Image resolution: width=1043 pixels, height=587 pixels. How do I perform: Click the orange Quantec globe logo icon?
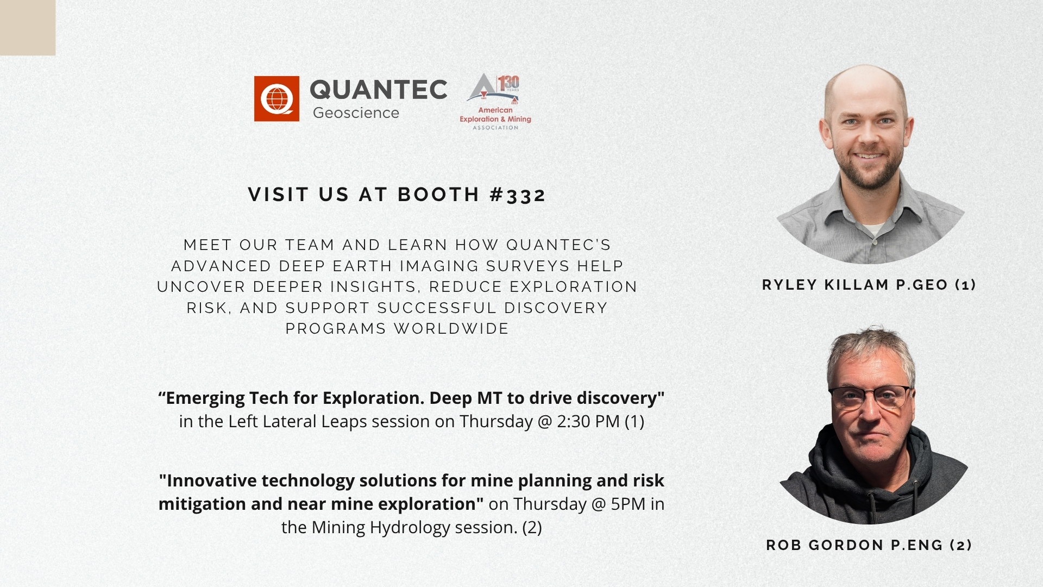coord(277,98)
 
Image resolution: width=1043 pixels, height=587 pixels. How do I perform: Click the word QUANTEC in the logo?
coord(379,90)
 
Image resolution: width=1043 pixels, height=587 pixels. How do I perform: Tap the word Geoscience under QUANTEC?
coord(356,113)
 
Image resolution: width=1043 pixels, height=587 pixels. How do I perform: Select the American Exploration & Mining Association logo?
coord(495,102)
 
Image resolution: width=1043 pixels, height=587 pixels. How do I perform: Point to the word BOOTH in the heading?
coord(438,195)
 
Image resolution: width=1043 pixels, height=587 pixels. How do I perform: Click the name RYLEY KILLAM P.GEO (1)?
coord(869,285)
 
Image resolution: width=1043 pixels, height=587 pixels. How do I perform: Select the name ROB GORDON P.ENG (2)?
coord(869,545)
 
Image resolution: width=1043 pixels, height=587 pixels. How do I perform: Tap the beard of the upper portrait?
coord(870,166)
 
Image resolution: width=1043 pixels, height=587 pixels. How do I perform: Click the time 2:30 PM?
coord(588,421)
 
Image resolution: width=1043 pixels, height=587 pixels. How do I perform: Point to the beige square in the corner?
coord(28,27)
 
